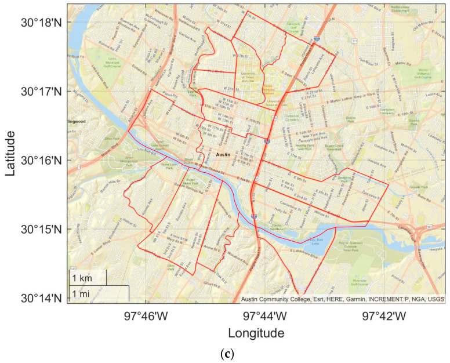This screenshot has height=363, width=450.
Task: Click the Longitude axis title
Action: [x=256, y=334]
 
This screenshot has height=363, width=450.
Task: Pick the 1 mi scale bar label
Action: [x=81, y=294]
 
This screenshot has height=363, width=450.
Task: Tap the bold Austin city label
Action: [x=223, y=155]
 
